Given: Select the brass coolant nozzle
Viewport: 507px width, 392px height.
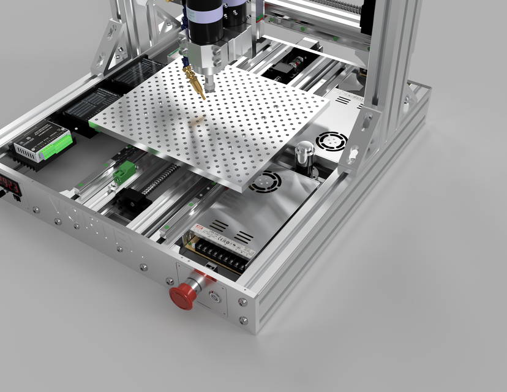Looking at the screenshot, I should tap(195, 83).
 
